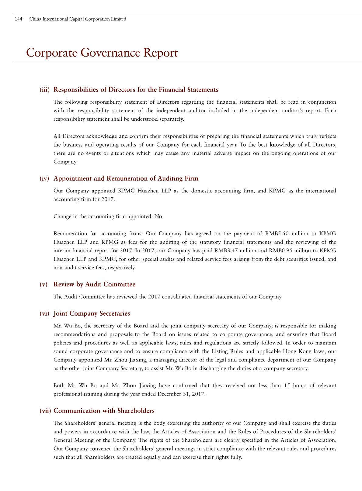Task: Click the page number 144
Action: pyautogui.click(x=18, y=19)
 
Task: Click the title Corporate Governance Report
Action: pyautogui.click(x=102, y=53)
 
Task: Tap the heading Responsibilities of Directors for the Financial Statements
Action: pyautogui.click(x=136, y=90)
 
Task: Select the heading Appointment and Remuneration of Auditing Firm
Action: pyautogui.click(x=126, y=178)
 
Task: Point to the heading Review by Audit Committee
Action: pyautogui.click(x=94, y=284)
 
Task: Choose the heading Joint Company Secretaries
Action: pyautogui.click(x=92, y=313)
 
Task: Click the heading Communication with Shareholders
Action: pyautogui.click(x=104, y=411)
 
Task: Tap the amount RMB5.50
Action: pyautogui.click(x=277, y=233)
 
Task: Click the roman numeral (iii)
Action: pyautogui.click(x=44, y=90)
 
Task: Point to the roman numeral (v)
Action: pyautogui.click(x=44, y=284)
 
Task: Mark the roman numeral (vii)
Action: pyautogui.click(x=45, y=411)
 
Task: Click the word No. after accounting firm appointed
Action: pyautogui.click(x=159, y=216)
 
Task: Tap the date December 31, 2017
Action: pyautogui.click(x=181, y=394)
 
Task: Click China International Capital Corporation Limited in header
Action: pyautogui.click(x=78, y=19)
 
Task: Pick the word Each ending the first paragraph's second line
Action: pyautogui.click(x=330, y=110)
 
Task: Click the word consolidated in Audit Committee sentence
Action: pyautogui.click(x=177, y=297)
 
